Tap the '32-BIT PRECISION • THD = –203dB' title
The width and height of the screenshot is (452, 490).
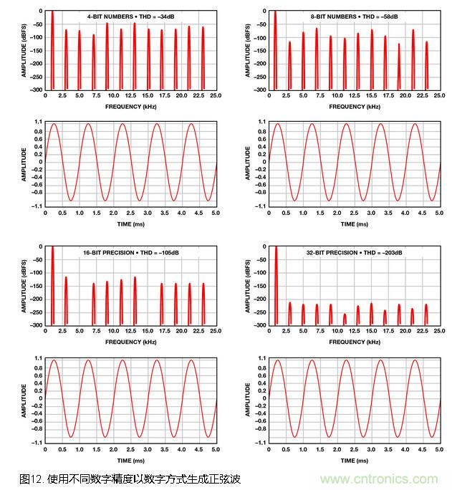357,253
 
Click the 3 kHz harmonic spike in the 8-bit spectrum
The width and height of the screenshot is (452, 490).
289,65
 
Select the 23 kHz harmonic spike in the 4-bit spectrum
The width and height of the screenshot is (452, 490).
203,57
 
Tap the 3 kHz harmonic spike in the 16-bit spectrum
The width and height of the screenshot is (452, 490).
66,300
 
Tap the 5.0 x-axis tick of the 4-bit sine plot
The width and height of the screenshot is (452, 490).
216,213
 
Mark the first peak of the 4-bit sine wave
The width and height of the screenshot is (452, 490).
54,123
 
